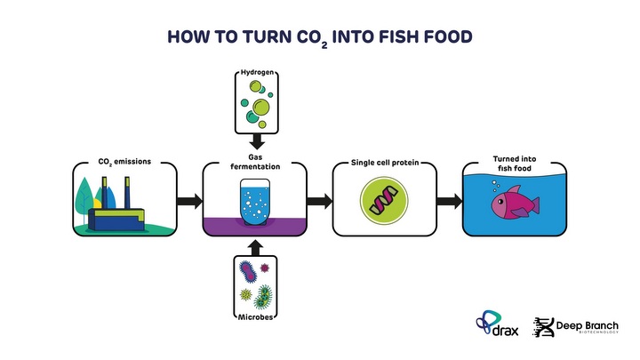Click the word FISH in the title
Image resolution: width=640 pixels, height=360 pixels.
pyautogui.click(x=396, y=37)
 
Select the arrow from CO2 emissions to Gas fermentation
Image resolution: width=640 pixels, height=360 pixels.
pyautogui.click(x=188, y=202)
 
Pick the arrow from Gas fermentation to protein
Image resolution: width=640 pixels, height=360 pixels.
pyautogui.click(x=319, y=202)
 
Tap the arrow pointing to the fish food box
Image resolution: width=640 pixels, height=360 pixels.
pyautogui.click(x=450, y=202)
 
